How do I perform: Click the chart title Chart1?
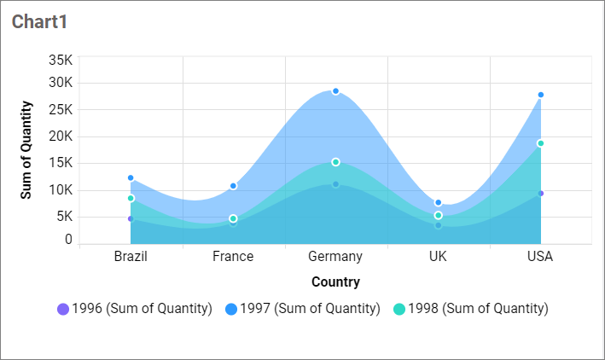point(40,22)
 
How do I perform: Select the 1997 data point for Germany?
point(335,91)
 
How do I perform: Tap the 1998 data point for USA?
point(540,143)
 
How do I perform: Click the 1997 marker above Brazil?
point(131,178)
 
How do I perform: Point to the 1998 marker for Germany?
point(335,162)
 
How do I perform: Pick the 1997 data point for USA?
point(540,95)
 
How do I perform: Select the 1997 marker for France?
point(233,186)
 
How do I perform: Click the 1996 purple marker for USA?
point(540,194)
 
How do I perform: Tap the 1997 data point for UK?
point(438,203)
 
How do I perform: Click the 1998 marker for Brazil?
point(131,198)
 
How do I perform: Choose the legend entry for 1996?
point(134,309)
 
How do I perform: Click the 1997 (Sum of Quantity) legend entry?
point(303,309)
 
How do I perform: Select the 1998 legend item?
point(471,309)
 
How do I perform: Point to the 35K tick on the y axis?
point(61,60)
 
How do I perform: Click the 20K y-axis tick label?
point(61,136)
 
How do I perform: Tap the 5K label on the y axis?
point(63,216)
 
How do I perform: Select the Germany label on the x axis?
point(335,257)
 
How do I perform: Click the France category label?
point(233,257)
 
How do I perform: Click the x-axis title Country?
point(335,282)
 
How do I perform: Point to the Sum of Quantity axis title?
point(26,150)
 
